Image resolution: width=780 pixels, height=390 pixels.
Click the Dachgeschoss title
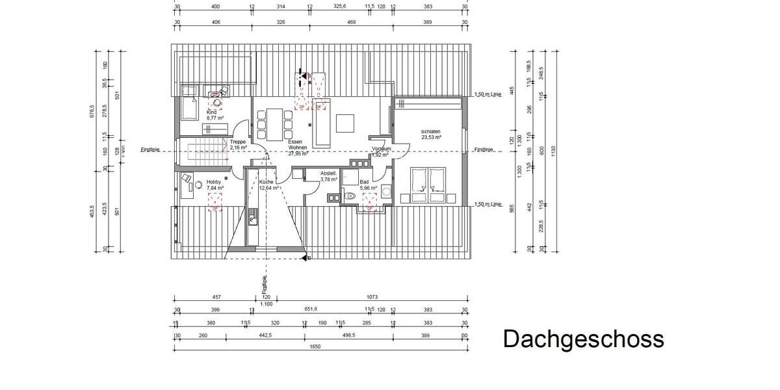[583, 339]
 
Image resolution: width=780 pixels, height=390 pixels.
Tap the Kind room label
[211, 112]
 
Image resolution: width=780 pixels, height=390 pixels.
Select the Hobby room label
[214, 182]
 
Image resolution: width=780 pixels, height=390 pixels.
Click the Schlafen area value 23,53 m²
[431, 137]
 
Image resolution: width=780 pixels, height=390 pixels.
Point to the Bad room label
[364, 182]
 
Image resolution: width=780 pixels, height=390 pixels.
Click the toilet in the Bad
[350, 195]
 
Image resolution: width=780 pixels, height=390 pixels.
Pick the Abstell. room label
[328, 174]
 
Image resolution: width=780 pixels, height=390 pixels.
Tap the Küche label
[266, 182]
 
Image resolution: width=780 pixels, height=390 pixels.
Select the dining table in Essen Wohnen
[275, 124]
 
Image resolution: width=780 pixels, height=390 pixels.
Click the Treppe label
[237, 142]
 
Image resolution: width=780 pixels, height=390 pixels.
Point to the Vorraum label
[381, 149]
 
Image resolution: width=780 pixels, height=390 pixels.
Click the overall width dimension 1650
[315, 346]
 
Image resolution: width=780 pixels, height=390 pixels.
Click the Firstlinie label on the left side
[150, 149]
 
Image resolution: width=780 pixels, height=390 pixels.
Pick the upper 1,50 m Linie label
[489, 93]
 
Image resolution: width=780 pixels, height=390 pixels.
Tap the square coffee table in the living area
[345, 123]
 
